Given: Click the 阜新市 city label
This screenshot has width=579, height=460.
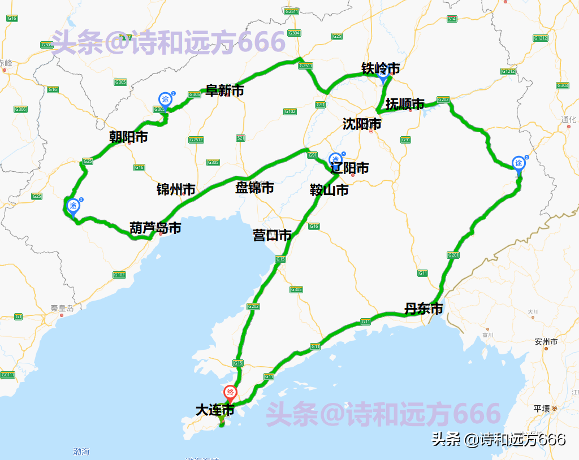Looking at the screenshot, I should pos(224,90).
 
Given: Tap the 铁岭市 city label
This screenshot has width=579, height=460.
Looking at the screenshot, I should pos(381,68).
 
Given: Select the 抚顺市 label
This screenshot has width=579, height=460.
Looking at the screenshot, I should pos(405,104).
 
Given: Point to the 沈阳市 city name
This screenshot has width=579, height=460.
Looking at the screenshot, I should pos(362,124).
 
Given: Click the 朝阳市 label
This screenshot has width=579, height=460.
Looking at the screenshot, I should pos(128,137).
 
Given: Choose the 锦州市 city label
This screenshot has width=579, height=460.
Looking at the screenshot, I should pos(176,189).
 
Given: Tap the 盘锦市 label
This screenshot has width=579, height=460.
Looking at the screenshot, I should pos(254,188).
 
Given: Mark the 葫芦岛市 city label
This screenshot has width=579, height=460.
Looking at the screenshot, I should pos(155,228).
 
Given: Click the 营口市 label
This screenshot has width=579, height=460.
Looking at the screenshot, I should pos(272,235).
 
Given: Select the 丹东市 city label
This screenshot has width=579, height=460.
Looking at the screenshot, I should pos(424,309).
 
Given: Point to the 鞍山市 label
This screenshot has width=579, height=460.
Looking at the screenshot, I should pos(329,190).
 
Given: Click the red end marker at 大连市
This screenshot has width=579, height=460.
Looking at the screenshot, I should pos(230,392).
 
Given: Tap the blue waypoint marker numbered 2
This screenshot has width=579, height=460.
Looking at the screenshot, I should pos(73,207).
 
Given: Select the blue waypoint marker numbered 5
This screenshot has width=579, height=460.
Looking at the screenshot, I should pos(518,163).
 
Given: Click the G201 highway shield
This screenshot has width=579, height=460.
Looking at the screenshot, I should pos(453,255).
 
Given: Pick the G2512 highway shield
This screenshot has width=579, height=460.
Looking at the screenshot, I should pos(196,140).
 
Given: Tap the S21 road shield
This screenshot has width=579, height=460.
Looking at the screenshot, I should pos(241,138).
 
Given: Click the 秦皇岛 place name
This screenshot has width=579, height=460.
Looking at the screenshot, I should pos(62,309).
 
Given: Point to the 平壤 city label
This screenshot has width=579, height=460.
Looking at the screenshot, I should pos(541,408).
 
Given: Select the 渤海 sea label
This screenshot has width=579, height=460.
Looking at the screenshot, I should pos(81,452).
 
